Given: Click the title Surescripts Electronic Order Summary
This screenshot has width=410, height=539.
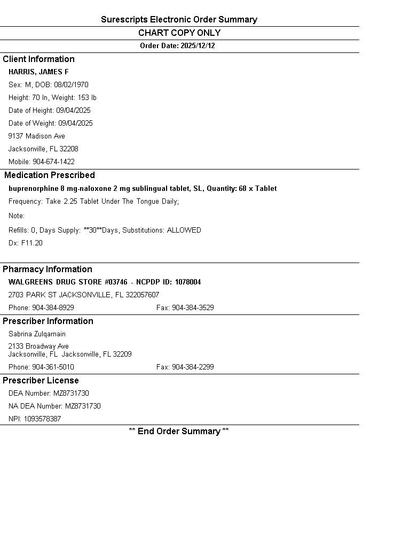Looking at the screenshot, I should coord(179,20).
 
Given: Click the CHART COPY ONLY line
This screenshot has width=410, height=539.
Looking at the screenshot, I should coord(179,33).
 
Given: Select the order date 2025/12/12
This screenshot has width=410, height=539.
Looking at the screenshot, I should coord(198,46).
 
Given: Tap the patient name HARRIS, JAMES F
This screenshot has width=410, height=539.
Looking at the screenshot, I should coord(38,72).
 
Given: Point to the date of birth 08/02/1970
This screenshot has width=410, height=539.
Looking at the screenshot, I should coord(71,85).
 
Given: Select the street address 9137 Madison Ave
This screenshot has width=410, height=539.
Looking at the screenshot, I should coord(37,136).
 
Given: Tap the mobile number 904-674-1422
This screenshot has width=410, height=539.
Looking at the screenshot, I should coord(53,162).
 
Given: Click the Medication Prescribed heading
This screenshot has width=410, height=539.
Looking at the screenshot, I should coord(50,175).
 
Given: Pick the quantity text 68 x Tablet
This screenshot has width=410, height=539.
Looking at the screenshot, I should coord(258,189).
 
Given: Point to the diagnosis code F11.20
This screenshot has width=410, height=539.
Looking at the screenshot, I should coord(32,243).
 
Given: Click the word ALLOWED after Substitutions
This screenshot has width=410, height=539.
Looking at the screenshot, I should coord(184,230).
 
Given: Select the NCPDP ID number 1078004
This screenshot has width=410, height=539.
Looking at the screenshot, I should coord(188,282).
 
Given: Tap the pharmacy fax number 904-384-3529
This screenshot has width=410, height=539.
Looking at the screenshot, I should coord(193,308).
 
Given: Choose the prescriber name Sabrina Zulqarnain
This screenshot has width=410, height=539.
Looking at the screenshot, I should coord(37,334).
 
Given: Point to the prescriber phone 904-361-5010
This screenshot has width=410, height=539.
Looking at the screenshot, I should coord(53,367).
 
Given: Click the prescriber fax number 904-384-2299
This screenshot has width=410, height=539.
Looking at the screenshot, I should coord(193,367).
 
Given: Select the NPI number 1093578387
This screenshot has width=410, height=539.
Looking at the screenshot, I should coord(42,419).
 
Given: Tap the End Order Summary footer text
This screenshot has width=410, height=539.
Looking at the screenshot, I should coord(179,432).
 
